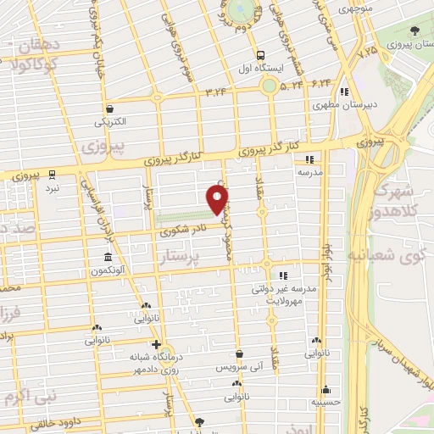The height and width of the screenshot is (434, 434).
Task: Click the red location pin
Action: pyautogui.click(x=218, y=199)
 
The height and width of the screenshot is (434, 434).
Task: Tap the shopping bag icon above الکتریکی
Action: pyautogui.click(x=110, y=108)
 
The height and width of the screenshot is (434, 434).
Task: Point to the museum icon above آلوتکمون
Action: pyautogui.click(x=108, y=257)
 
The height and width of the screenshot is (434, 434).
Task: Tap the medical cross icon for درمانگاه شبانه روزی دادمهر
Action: pyautogui.click(x=155, y=344)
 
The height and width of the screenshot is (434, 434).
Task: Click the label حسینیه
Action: pyautogui.click(x=326, y=402)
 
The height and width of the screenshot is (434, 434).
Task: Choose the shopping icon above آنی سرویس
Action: pyautogui.click(x=240, y=353)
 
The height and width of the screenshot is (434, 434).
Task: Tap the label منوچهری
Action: pyautogui.click(x=331, y=8)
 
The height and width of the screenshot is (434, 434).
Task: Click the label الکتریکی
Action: pyautogui.click(x=112, y=121)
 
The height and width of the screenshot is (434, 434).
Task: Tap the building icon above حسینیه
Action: pyautogui.click(x=326, y=388)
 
